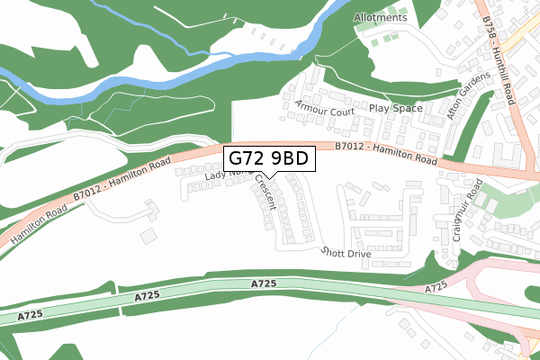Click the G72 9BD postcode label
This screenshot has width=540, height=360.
[x=268, y=159]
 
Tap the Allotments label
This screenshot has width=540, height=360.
[x=381, y=17]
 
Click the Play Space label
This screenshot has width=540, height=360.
[x=395, y=107]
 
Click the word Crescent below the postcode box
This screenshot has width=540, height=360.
[x=265, y=192]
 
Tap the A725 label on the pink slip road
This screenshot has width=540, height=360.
[x=436, y=289]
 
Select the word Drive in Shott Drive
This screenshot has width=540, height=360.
[x=358, y=255]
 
